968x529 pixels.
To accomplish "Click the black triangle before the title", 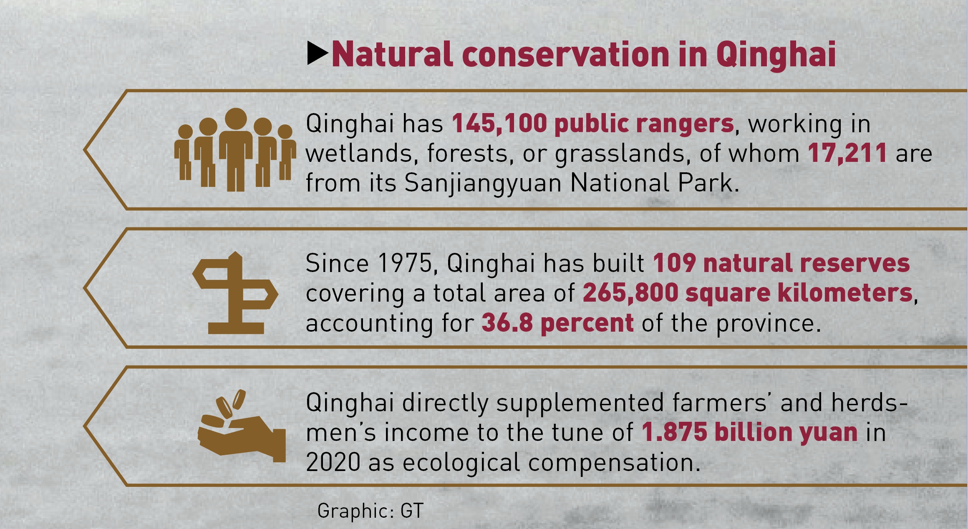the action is pyautogui.click(x=318, y=53).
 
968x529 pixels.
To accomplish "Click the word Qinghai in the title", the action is pyautogui.click(x=776, y=55).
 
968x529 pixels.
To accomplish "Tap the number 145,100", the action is pyautogui.click(x=499, y=124).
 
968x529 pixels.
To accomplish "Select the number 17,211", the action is pyautogui.click(x=847, y=154).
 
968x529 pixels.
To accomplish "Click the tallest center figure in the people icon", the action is pyautogui.click(x=236, y=149).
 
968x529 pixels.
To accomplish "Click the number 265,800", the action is pyautogui.click(x=630, y=293).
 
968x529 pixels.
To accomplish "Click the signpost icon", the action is pyautogui.click(x=235, y=293).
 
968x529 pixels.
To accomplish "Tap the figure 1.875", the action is pyautogui.click(x=674, y=432).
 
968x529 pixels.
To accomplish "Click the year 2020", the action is pyautogui.click(x=333, y=463).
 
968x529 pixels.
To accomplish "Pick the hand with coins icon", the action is pyautogui.click(x=242, y=426).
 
